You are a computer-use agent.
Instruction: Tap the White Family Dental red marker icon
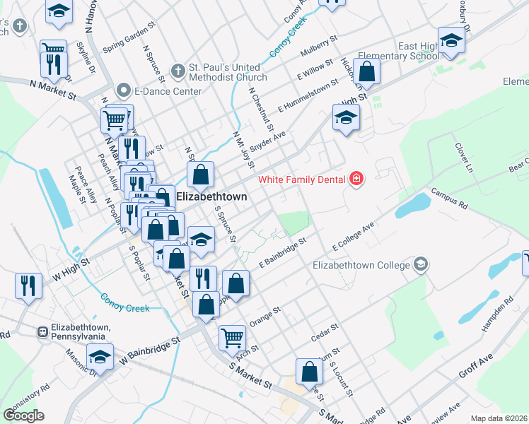(356, 178)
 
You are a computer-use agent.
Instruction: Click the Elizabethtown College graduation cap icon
(422, 264)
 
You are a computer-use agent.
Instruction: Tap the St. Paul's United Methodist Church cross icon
(179, 72)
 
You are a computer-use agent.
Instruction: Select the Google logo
(24, 415)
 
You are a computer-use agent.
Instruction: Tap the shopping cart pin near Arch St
(231, 338)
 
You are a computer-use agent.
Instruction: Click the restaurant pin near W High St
(27, 286)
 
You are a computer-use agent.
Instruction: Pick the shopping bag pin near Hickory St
(367, 71)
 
